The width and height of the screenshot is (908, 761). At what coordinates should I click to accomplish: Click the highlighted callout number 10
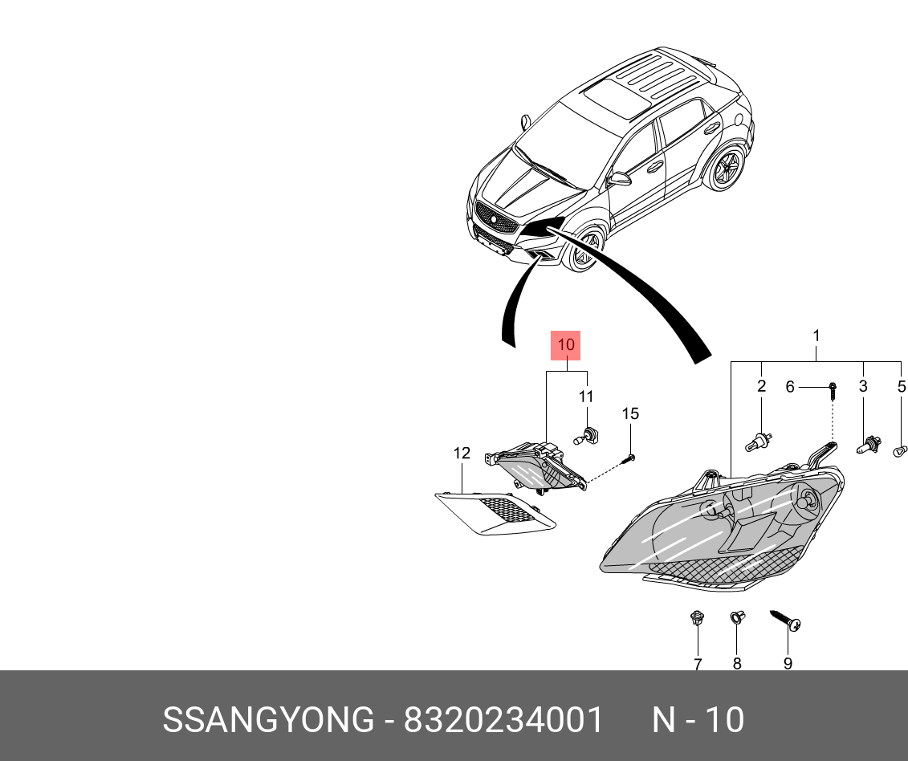[x=565, y=345]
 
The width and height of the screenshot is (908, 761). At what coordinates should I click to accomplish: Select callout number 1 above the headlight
[x=816, y=335]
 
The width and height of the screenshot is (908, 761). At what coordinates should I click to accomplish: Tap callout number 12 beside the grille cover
[x=462, y=454]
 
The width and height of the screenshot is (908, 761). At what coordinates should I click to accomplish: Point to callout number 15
[x=630, y=413]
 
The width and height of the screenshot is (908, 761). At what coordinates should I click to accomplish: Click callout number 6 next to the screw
[x=790, y=387]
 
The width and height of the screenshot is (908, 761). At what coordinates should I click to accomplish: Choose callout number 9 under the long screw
[x=788, y=663]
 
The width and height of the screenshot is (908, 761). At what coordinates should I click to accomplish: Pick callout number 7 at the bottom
[x=698, y=663]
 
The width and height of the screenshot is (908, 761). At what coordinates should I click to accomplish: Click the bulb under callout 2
[x=760, y=439]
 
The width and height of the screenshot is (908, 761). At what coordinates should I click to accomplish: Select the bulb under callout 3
[x=867, y=442]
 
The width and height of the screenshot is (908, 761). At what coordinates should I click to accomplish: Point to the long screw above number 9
[x=786, y=621]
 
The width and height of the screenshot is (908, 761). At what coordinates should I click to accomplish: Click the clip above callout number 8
[x=735, y=618]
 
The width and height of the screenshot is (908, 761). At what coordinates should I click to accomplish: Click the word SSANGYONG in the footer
[x=268, y=720]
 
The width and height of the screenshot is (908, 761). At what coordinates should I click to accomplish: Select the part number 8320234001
[x=503, y=720]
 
